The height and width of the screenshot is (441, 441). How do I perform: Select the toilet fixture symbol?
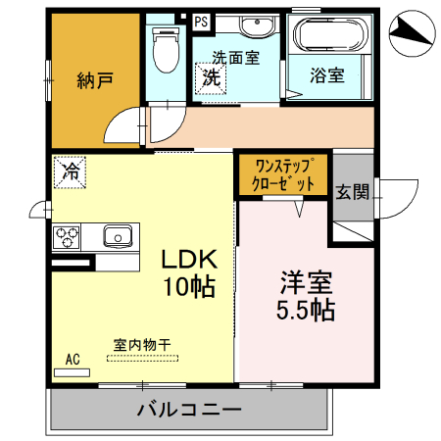165,49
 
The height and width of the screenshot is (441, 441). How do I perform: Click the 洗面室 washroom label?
237,58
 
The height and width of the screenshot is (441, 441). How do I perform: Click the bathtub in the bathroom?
330,37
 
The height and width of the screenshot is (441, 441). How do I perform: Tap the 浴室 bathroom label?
327,74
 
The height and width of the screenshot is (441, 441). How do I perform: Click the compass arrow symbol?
411,34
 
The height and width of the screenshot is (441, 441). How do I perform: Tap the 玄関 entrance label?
352,191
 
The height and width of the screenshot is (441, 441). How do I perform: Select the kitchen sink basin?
119,236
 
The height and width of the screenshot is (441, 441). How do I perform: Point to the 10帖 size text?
188,287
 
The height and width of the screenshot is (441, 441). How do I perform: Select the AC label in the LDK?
73,359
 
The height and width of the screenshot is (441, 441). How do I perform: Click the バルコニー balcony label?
189,409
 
